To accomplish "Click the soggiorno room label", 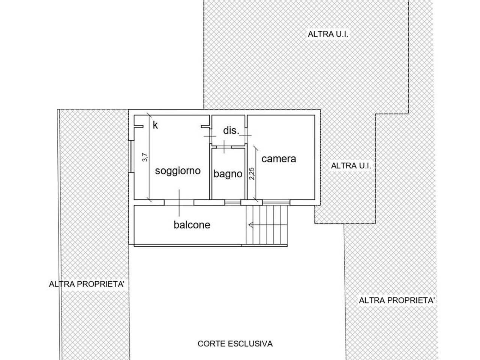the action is (178, 171).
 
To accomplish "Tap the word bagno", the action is (228, 174).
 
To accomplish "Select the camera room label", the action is (279, 159).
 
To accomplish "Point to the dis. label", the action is (231, 131).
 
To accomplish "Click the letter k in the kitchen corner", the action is (155, 125).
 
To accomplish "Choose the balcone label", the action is (192, 225).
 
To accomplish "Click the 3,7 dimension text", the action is (145, 157).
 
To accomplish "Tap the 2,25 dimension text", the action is (252, 174).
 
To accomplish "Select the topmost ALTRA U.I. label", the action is (328, 34).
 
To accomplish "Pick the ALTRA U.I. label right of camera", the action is (351, 166).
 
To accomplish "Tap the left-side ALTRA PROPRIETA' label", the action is (87, 284).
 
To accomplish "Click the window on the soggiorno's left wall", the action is (131, 156).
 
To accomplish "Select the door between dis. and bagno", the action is (224, 147).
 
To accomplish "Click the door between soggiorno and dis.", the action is (210, 136).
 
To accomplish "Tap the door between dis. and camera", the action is (246, 136).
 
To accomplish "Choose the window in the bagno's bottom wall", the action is (232, 202).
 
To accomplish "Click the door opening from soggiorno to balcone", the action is (179, 202).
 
